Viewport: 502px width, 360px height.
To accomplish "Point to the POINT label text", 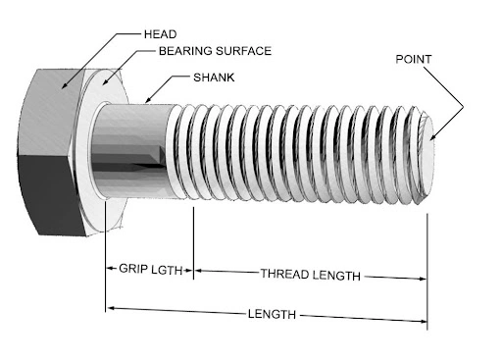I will (x=415, y=58).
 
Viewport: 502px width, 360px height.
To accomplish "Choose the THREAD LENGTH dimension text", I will (x=310, y=274).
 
